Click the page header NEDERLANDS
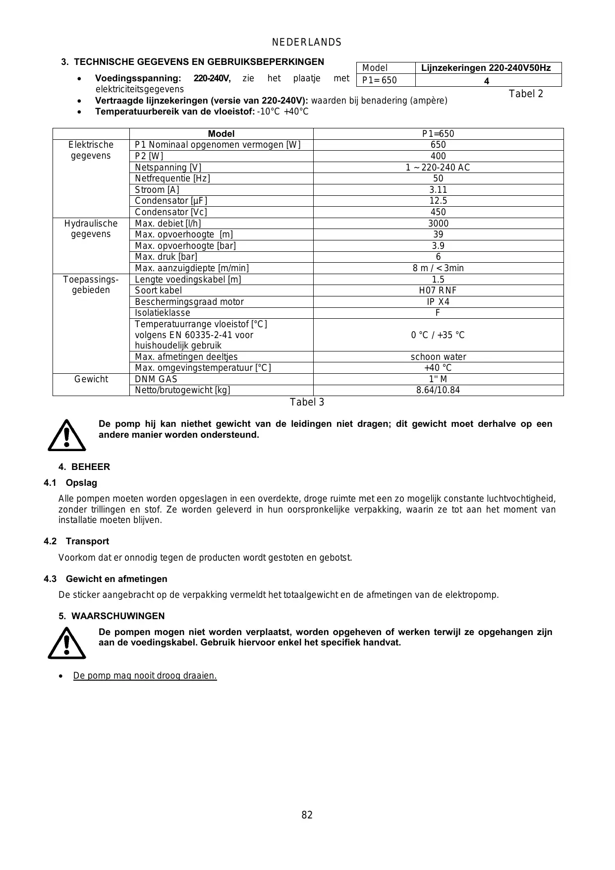pyautogui.click(x=307, y=43)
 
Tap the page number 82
pyautogui.click(x=307, y=815)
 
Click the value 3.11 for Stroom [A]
pyautogui.click(x=438, y=190)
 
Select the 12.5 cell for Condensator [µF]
pyautogui.click(x=438, y=201)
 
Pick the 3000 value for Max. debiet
pyautogui.click(x=438, y=224)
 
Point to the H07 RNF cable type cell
pyautogui.click(x=438, y=290)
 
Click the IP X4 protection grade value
pyautogui.click(x=438, y=302)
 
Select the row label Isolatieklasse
pyautogui.click(x=163, y=313)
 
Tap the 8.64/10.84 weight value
pyautogui.click(x=438, y=390)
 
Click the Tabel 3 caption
pyautogui.click(x=307, y=402)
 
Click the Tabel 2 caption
pyautogui.click(x=526, y=94)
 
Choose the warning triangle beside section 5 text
pyautogui.click(x=66, y=643)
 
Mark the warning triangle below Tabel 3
pyautogui.click(x=66, y=435)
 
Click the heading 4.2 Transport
pyautogui.click(x=76, y=541)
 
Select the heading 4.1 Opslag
pyautogui.click(x=70, y=483)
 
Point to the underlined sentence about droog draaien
pyautogui.click(x=145, y=676)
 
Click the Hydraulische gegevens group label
pyautogui.click(x=91, y=229)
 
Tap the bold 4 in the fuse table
pyautogui.click(x=487, y=81)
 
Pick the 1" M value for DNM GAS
pyautogui.click(x=438, y=379)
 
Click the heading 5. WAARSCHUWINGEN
pyautogui.click(x=112, y=616)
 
